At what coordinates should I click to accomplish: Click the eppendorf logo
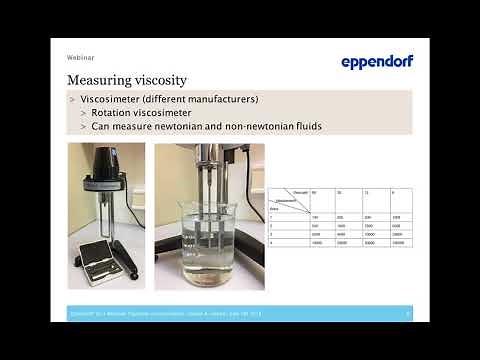377,61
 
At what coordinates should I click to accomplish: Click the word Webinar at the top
82,57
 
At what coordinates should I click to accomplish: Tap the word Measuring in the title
98,79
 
